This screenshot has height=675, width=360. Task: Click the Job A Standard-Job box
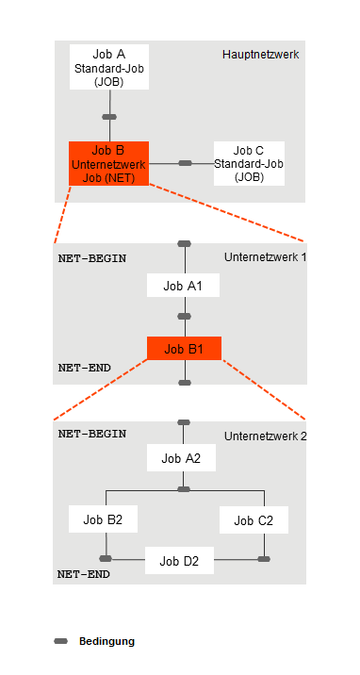(x=109, y=67)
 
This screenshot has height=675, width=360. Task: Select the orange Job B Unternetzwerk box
(x=109, y=163)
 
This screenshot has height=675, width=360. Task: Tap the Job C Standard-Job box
(x=248, y=163)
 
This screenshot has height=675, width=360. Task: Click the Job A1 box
(x=184, y=285)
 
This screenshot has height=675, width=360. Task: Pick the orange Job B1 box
(x=184, y=349)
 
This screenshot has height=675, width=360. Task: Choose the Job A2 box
(x=183, y=458)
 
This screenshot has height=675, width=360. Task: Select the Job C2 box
(x=253, y=520)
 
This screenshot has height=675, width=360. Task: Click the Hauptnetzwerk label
(x=260, y=55)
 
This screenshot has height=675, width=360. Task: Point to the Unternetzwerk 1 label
(x=266, y=257)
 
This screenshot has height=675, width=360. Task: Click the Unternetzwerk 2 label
(x=266, y=436)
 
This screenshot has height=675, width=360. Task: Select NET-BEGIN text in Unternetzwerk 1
(x=92, y=257)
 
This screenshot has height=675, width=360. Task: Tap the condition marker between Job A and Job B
(x=109, y=117)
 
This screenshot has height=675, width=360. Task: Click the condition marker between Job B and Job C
(x=186, y=163)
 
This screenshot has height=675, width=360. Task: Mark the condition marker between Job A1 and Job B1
(x=184, y=317)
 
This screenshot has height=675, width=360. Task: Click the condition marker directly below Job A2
(x=184, y=489)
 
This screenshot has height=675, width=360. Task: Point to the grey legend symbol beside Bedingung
(x=61, y=641)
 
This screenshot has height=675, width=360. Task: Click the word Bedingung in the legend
(x=106, y=641)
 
